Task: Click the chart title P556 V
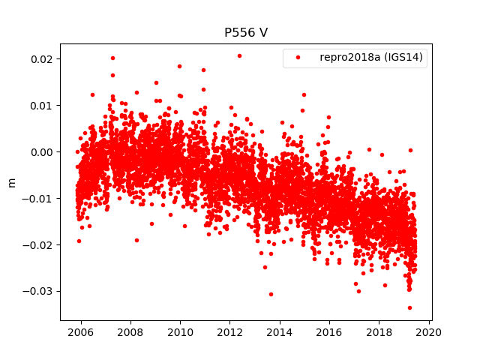pyautogui.click(x=246, y=33)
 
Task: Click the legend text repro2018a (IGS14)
pyautogui.click(x=368, y=58)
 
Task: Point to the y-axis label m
pyautogui.click(x=11, y=182)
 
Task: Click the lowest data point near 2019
pyautogui.click(x=409, y=307)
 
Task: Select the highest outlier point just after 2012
pyautogui.click(x=239, y=55)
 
